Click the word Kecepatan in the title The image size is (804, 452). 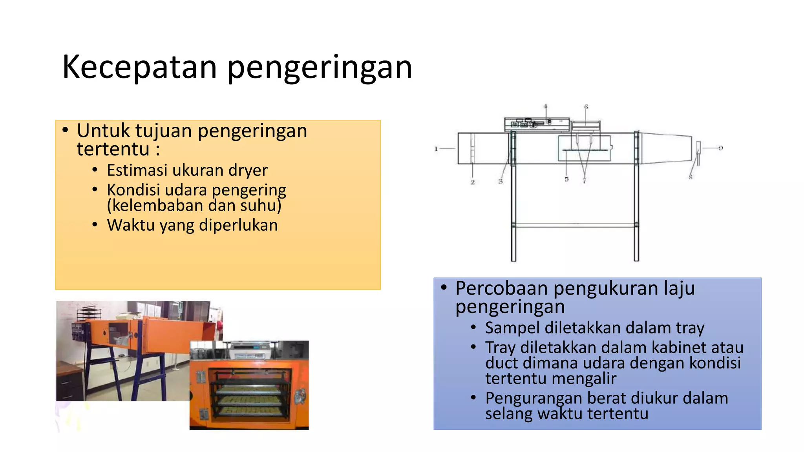tap(139, 67)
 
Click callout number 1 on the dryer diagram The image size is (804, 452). tap(436, 149)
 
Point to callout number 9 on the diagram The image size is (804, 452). tap(721, 148)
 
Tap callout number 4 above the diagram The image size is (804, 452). tap(545, 106)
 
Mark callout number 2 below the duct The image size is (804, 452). tap(473, 182)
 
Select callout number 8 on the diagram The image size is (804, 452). tap(691, 177)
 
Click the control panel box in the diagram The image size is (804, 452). tap(536, 124)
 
